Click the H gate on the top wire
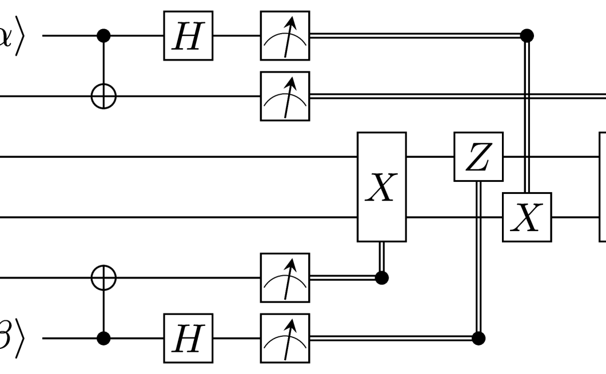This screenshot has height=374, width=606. (x=189, y=36)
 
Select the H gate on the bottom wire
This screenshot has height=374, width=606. (x=189, y=338)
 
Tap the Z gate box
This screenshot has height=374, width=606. (x=479, y=157)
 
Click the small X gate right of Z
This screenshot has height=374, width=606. (x=527, y=217)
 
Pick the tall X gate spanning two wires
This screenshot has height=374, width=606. (x=382, y=187)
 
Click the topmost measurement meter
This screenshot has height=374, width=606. (x=285, y=36)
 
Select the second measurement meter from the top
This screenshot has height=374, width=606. (x=285, y=96)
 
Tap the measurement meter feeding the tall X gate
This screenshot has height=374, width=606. (x=285, y=277)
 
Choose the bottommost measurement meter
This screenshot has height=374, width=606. (x=285, y=338)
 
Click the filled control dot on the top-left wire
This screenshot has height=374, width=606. (x=103, y=36)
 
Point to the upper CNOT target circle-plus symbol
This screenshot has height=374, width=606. (x=103, y=96)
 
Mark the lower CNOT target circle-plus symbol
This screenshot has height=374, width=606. (x=103, y=278)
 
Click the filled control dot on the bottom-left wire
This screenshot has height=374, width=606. (x=103, y=338)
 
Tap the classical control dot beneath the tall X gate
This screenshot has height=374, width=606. (x=382, y=278)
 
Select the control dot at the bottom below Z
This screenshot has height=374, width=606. (x=479, y=338)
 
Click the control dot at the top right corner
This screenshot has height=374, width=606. (x=527, y=36)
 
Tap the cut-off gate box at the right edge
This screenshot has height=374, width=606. (x=602, y=187)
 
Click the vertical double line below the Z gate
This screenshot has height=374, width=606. (x=479, y=257)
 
